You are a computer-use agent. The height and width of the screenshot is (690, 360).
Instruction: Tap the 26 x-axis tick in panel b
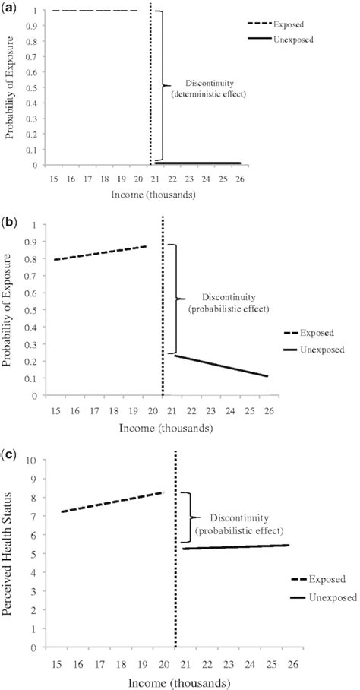click(x=272, y=410)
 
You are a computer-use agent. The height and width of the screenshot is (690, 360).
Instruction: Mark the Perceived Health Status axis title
click(x=10, y=553)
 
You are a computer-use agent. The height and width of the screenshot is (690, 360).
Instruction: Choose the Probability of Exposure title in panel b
click(x=10, y=309)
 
